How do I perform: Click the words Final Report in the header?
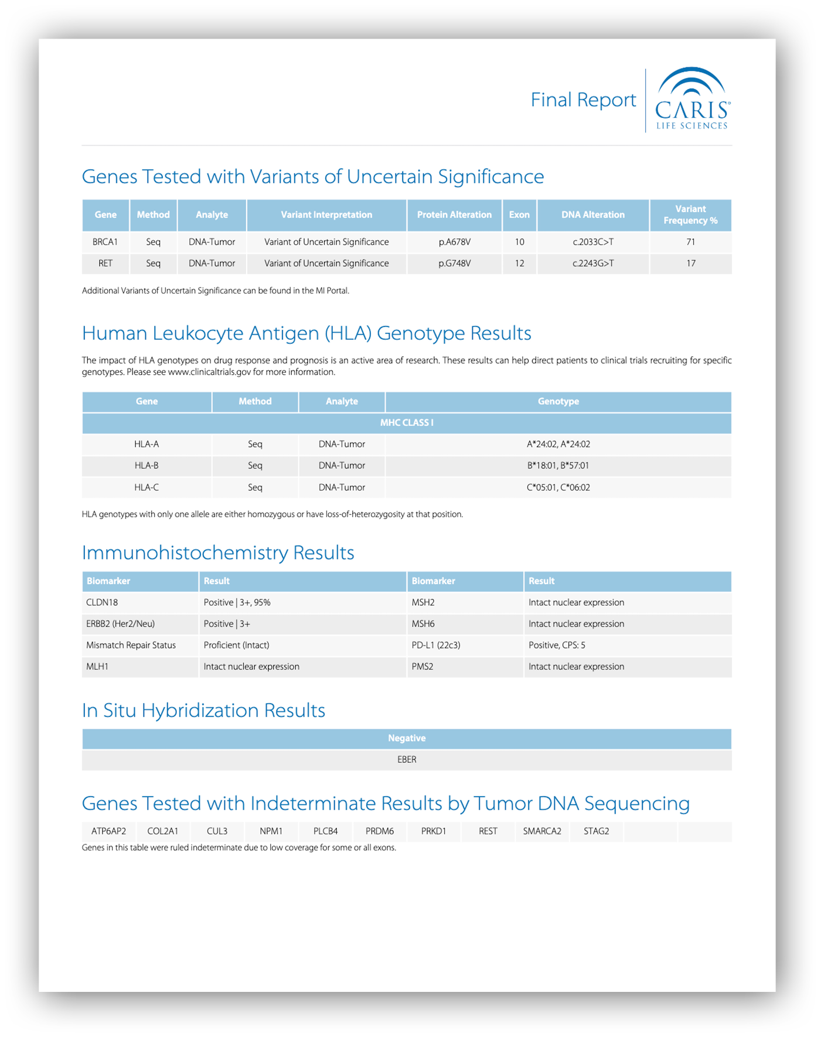click(583, 100)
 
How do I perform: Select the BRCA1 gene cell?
click(105, 242)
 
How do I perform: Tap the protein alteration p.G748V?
click(454, 264)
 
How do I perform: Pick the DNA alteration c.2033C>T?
click(593, 242)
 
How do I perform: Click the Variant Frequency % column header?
click(690, 215)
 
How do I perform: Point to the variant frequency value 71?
click(690, 242)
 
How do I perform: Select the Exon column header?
click(519, 215)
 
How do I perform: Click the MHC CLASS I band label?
click(407, 423)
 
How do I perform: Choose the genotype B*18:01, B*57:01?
click(558, 466)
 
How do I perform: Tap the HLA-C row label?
click(147, 487)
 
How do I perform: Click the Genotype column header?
click(558, 401)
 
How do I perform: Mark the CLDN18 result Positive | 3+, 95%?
click(237, 603)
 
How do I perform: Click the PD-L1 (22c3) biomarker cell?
click(435, 646)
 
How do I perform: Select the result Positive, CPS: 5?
click(557, 646)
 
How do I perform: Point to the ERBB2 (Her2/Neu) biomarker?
click(120, 624)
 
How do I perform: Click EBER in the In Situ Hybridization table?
click(407, 760)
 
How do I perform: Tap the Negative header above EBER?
click(407, 738)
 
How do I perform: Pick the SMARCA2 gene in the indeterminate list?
click(542, 831)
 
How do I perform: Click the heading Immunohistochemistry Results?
click(218, 553)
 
